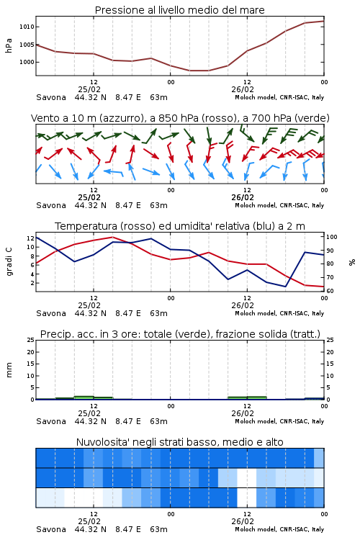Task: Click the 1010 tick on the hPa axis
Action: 27,27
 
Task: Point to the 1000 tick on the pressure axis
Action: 27,62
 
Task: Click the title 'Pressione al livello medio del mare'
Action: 179,10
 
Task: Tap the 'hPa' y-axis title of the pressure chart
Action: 9,45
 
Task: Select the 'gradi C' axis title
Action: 9,262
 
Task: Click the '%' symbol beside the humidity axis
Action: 352,262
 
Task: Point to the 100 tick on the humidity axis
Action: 332,237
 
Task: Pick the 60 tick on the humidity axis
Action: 330,291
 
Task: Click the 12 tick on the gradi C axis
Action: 31,238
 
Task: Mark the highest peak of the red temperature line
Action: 112,237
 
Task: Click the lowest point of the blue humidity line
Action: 285,287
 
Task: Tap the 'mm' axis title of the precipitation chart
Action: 9,370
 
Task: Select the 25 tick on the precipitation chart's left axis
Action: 31,340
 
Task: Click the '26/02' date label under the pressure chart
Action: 243,89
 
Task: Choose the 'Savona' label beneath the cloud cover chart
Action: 51,529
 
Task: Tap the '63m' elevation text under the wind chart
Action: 159,205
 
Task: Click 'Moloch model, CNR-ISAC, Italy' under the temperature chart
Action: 279,313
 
